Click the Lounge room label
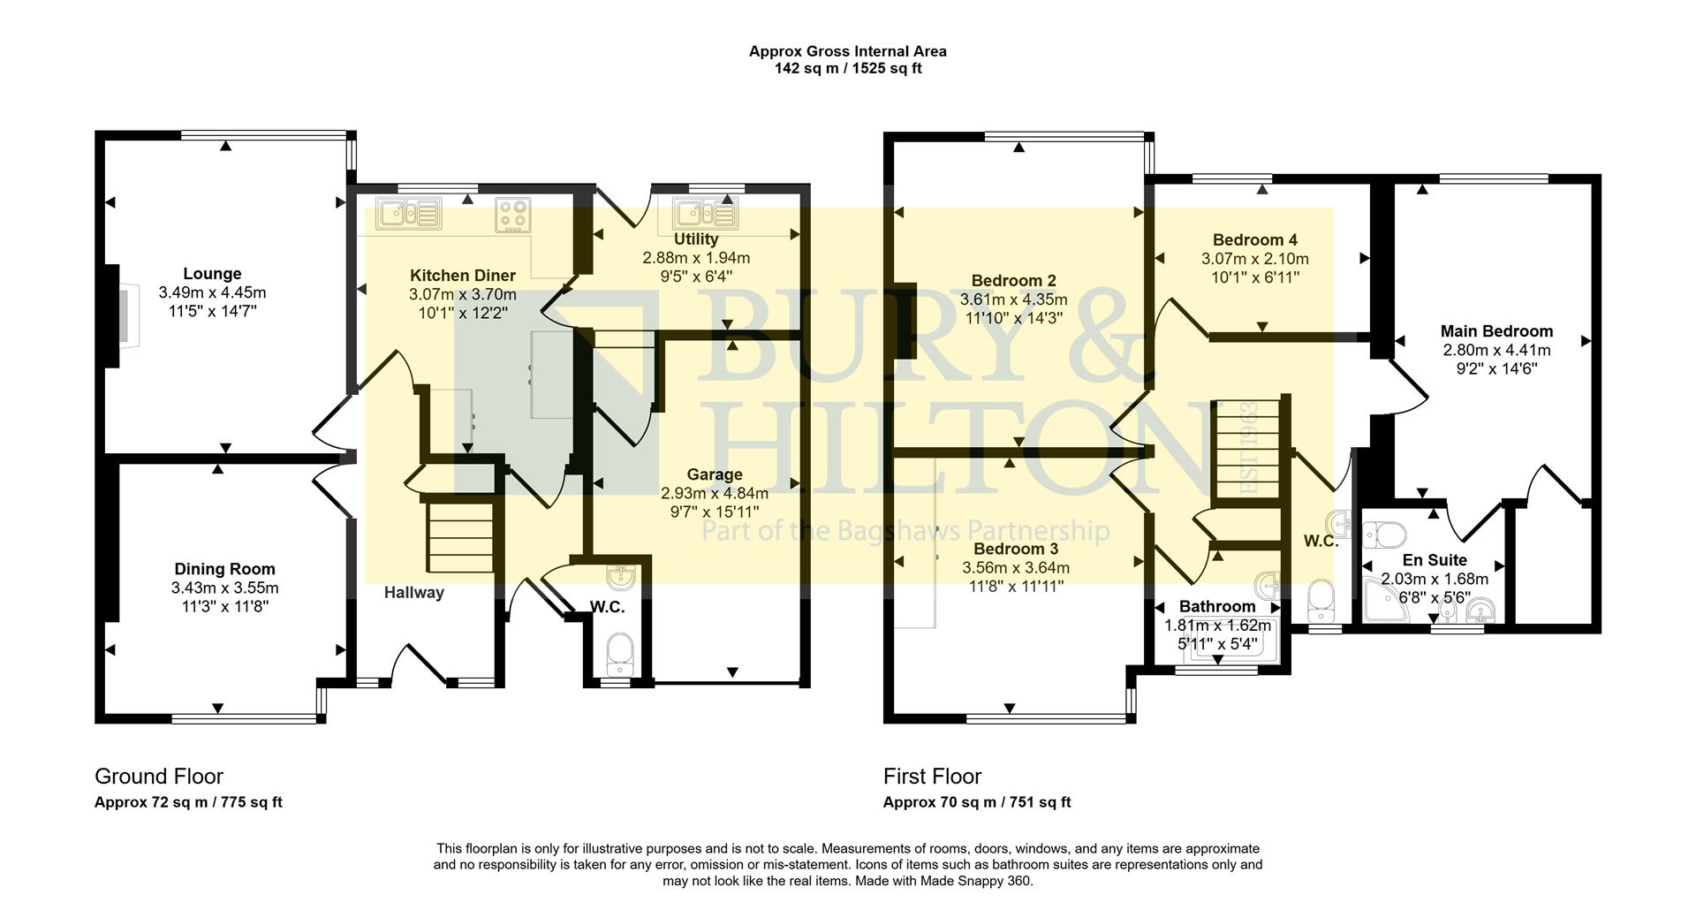[212, 274]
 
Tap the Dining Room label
[224, 569]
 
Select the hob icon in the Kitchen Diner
[513, 213]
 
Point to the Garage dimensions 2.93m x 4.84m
[714, 494]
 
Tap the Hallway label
[413, 593]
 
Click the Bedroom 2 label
[1013, 281]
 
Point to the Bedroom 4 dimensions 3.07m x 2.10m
[1254, 259]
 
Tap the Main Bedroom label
[1496, 331]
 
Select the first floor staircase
[1245, 451]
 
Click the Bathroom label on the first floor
[1216, 607]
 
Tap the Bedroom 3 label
[1015, 550]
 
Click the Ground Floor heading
[159, 777]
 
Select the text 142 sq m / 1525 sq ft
[847, 68]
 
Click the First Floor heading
[932, 777]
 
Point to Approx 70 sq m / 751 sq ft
[976, 802]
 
